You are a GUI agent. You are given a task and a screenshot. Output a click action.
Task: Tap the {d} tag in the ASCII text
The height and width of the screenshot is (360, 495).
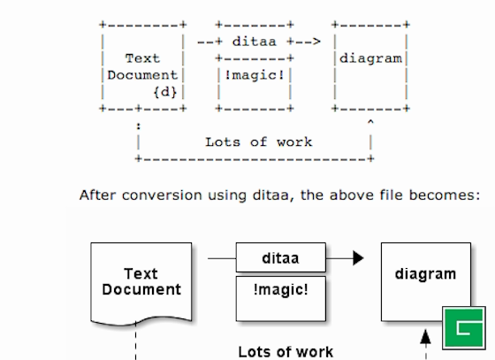click(165, 91)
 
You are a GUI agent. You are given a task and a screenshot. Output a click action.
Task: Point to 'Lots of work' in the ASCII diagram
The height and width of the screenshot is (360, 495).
click(258, 142)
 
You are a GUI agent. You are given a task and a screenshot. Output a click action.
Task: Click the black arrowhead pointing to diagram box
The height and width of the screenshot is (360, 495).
click(357, 259)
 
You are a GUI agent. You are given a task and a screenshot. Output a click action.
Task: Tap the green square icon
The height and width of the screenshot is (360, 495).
click(464, 328)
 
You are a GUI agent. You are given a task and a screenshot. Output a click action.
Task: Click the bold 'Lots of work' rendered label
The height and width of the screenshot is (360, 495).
click(286, 351)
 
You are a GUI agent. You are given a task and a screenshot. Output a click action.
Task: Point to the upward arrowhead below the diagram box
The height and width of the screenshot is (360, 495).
click(426, 338)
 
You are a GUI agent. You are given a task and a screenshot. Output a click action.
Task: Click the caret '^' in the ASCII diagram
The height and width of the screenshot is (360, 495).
click(369, 123)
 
